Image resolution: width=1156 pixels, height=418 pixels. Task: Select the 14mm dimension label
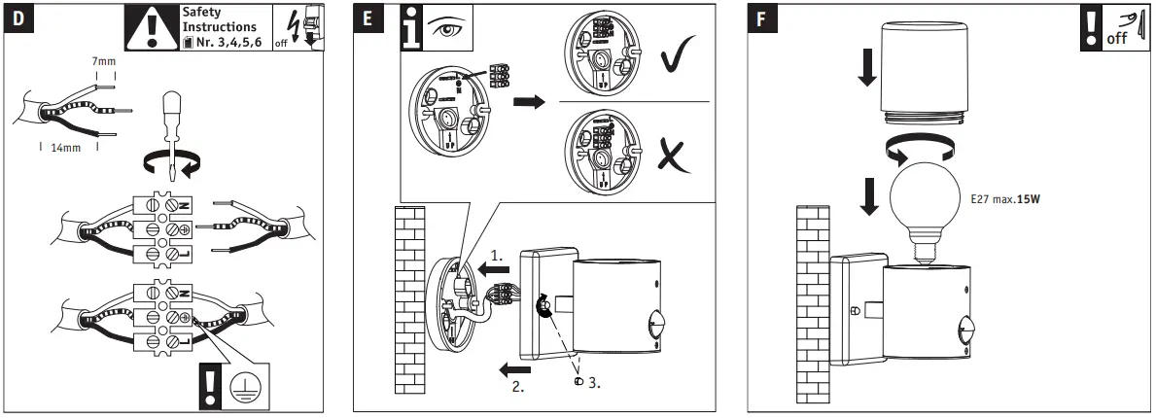click(x=66, y=150)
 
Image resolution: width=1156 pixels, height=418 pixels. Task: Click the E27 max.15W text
click(x=1011, y=199)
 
